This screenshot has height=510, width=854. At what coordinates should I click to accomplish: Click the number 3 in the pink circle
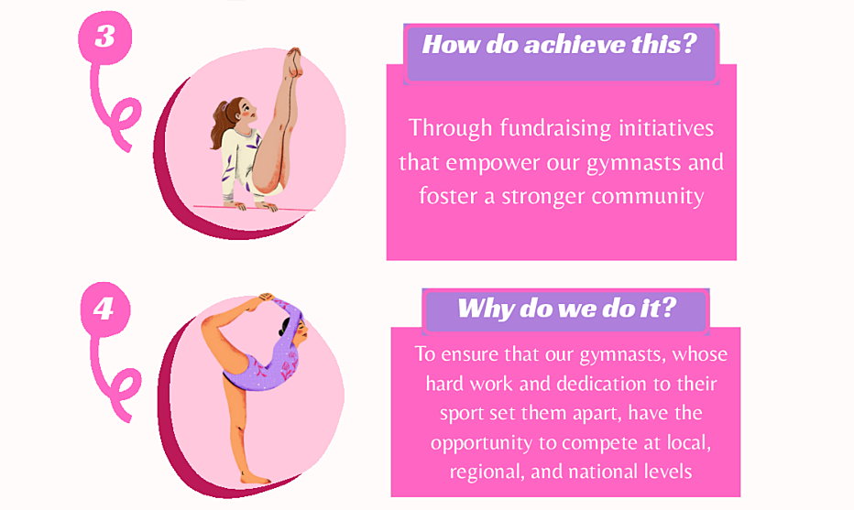(105, 37)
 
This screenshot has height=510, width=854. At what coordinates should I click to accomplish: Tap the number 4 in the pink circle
(104, 309)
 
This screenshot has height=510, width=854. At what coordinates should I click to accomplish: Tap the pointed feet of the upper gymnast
(294, 60)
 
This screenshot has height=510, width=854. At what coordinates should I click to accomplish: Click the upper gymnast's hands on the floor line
(252, 206)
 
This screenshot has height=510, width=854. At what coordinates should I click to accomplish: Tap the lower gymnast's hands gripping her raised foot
(266, 298)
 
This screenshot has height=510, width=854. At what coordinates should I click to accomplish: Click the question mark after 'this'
(689, 43)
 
